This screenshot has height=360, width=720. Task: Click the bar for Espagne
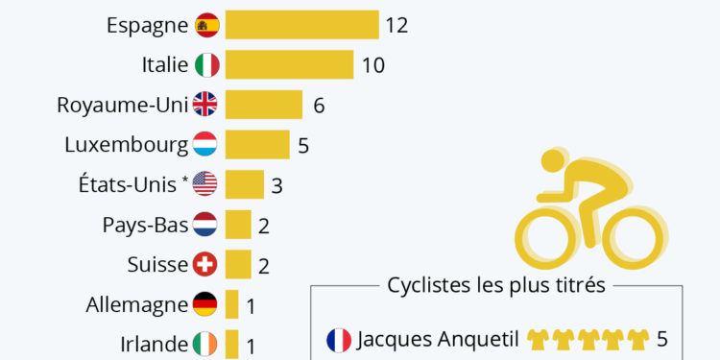(301, 25)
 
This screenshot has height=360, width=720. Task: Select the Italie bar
(289, 65)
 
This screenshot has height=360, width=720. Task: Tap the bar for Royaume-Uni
(263, 105)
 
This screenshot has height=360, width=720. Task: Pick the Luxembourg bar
(256, 144)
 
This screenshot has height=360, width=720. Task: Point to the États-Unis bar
(244, 183)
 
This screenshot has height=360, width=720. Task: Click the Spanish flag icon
(206, 25)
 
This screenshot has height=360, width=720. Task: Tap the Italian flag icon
(206, 65)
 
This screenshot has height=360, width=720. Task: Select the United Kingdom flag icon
(204, 105)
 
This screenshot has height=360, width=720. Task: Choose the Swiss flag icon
(204, 264)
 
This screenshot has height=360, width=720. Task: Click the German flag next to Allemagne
(204, 304)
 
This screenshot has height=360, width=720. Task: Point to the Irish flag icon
(204, 344)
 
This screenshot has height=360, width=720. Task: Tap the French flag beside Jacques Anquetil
(338, 340)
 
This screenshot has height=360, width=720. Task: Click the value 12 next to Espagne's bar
(396, 26)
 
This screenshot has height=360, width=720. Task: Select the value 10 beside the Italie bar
(372, 65)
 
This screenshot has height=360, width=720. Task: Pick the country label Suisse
(156, 264)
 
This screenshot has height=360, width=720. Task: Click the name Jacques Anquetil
(438, 340)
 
